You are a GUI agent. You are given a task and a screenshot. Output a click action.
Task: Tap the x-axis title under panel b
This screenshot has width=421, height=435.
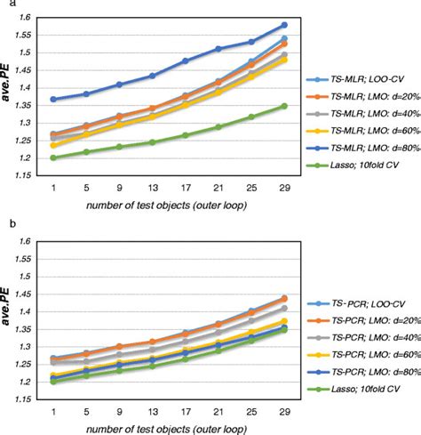(166, 428)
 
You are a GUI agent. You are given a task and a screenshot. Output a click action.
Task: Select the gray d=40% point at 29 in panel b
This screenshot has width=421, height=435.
(283, 309)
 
